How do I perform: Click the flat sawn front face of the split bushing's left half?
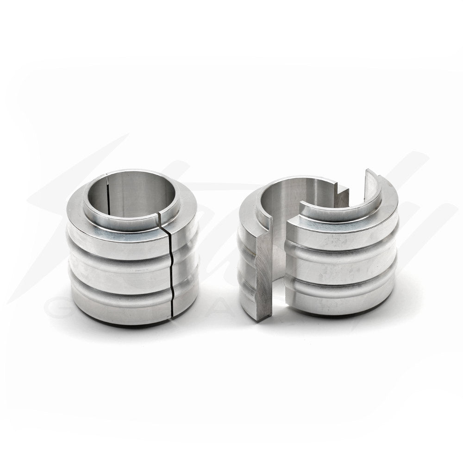coord(263,273)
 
